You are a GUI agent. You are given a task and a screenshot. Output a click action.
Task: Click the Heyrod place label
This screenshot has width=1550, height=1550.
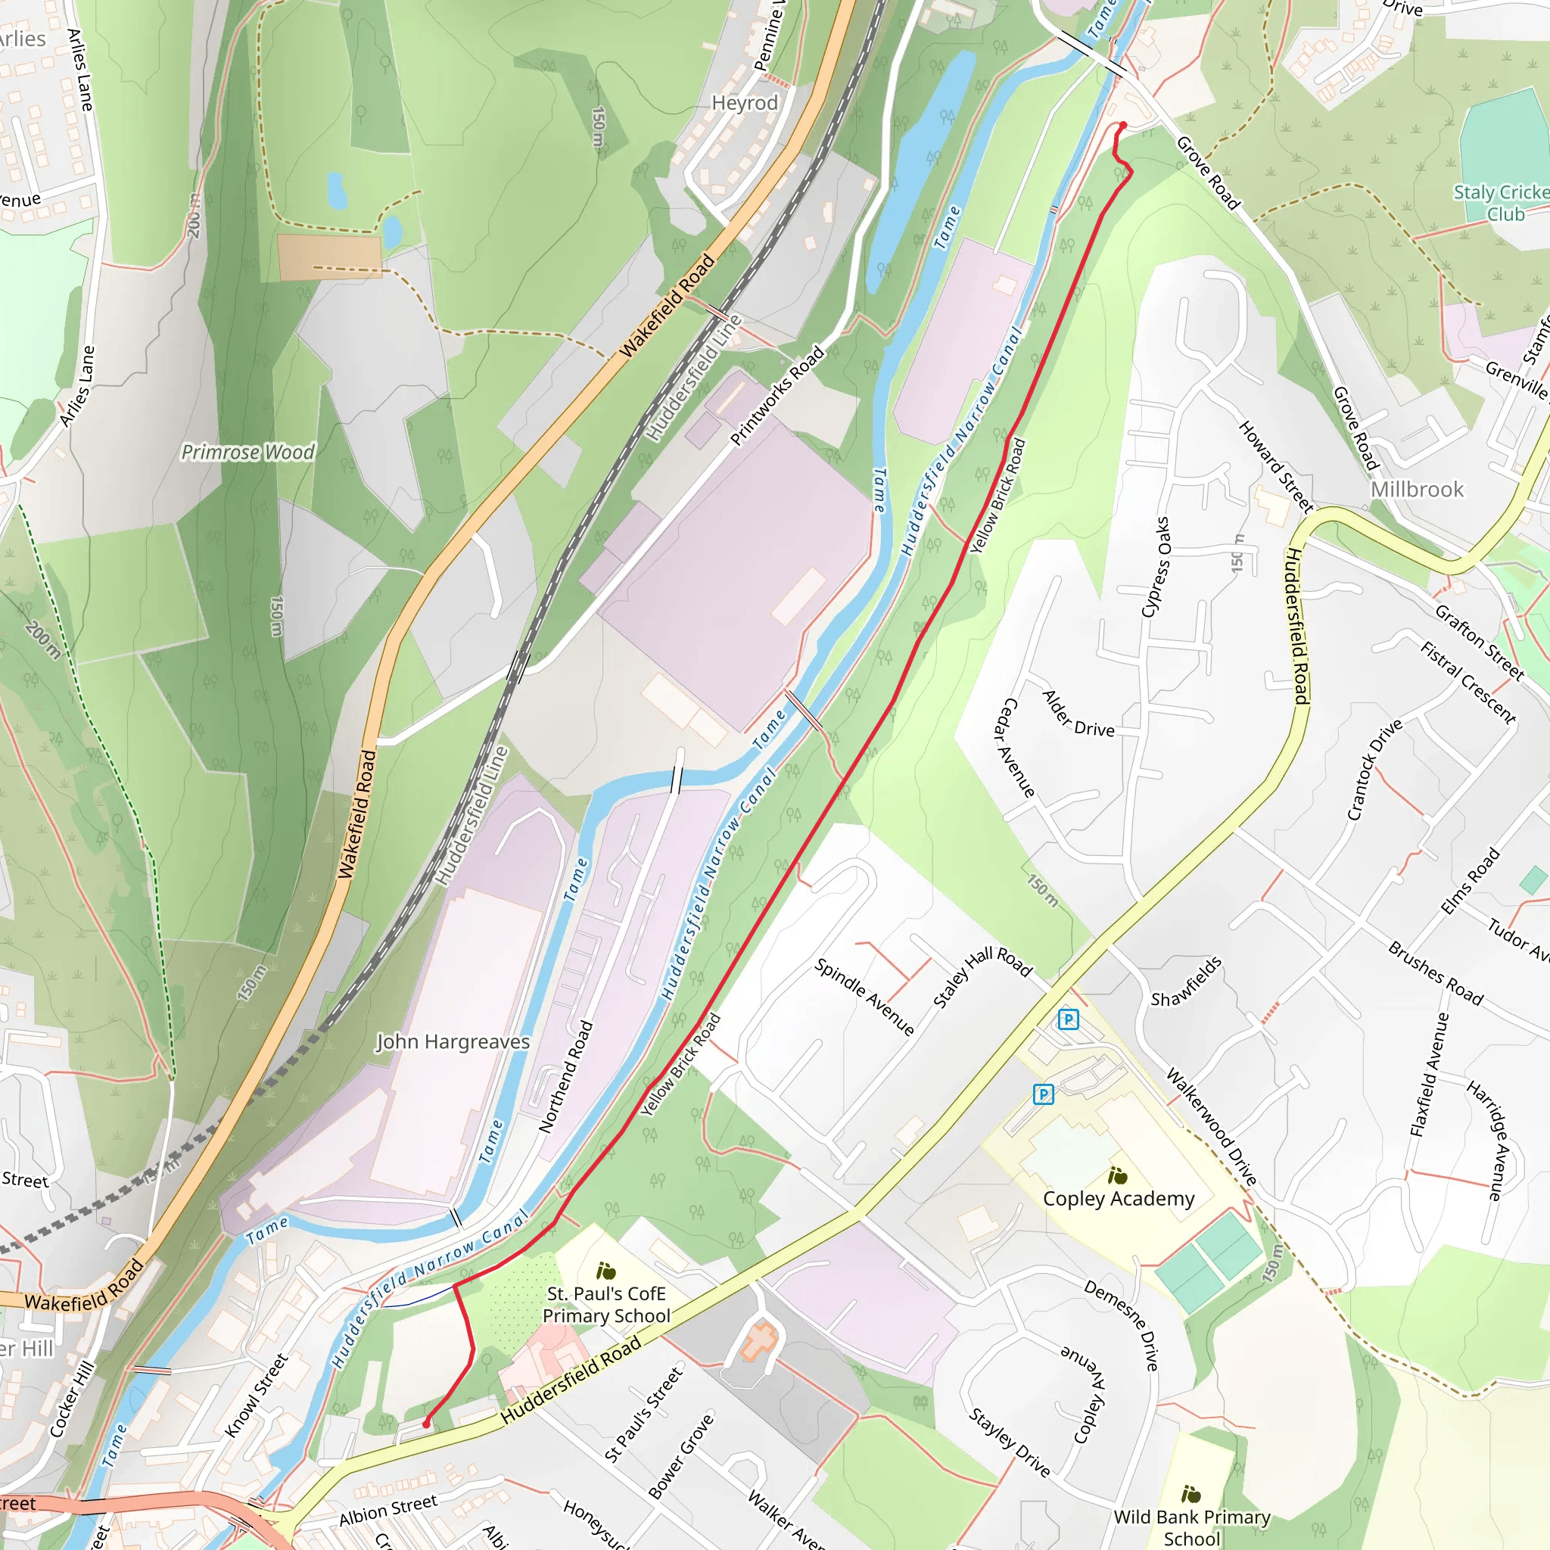pos(745,103)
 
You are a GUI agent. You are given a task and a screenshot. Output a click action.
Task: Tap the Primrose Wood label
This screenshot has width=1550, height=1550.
pos(248,453)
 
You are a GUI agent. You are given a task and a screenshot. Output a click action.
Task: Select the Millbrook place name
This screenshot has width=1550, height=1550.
pos(1417,490)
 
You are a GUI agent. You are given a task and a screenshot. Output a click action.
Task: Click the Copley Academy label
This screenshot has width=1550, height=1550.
pos(1119,1199)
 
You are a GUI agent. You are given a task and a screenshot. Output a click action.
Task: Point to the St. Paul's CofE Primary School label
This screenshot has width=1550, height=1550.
pos(606,1305)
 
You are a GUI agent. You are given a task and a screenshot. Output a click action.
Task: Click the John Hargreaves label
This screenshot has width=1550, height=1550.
pos(453,1042)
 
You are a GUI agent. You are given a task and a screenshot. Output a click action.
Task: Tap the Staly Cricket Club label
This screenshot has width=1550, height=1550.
pos(1501,203)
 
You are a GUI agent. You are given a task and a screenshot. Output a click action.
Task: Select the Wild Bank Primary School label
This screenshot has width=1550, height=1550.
pos(1191,1527)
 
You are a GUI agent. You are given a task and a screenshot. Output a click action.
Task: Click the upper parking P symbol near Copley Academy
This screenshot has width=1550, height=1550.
pos(1068,1019)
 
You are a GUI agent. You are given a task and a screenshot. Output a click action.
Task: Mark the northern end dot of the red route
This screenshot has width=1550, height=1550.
pos(1123,125)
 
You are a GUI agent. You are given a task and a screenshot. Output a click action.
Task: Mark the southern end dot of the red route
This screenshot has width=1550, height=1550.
pos(426,1424)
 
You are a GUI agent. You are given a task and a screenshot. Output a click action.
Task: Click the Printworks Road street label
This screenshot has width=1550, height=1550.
pos(777,396)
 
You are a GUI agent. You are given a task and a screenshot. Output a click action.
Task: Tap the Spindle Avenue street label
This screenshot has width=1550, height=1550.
pos(864,997)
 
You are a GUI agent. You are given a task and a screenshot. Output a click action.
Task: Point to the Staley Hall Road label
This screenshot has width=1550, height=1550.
pos(983,976)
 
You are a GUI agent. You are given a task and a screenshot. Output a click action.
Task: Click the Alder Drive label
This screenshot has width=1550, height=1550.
pos(1078,713)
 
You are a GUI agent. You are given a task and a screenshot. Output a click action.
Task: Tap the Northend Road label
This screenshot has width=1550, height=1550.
pos(565,1077)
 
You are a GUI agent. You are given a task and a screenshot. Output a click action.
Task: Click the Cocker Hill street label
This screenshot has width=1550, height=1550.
pos(71,1399)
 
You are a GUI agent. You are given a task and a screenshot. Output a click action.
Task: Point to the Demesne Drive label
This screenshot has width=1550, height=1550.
pos(1122,1325)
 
